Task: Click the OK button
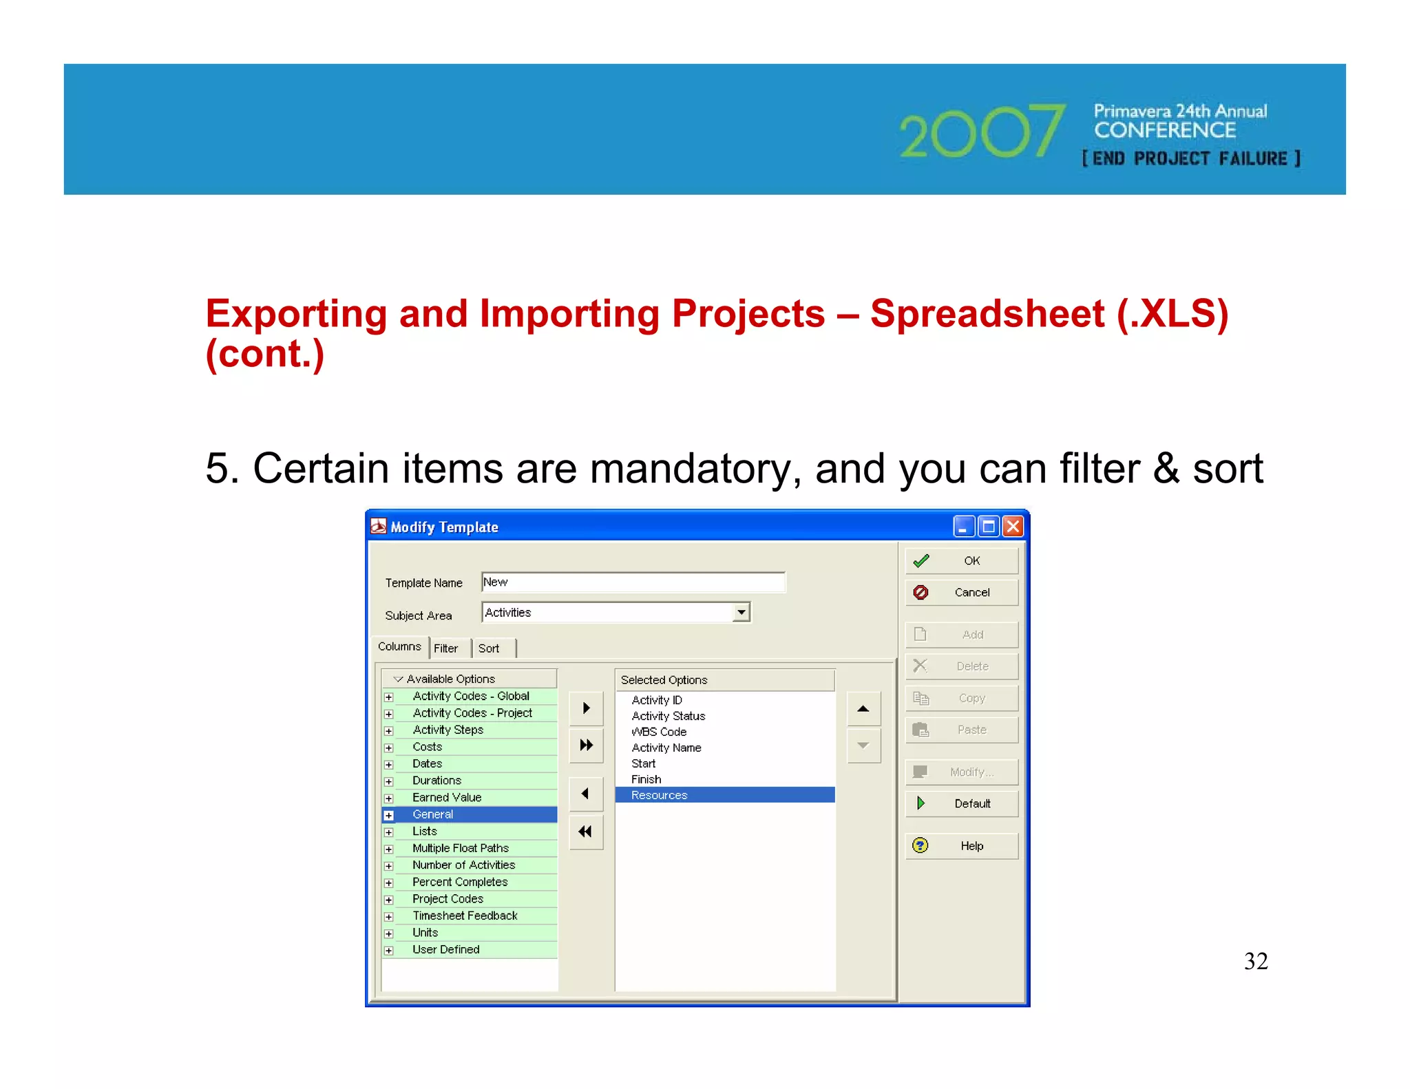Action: [961, 561]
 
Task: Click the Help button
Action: [961, 846]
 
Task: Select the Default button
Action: [961, 803]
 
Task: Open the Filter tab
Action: [446, 648]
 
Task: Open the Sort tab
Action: [489, 648]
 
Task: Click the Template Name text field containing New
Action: [632, 582]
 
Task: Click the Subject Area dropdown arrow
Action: [741, 612]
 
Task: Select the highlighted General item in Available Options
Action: [433, 814]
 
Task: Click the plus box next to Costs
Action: [389, 748]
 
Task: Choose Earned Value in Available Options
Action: [447, 797]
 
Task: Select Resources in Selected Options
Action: [660, 795]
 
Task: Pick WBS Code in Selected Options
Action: [659, 732]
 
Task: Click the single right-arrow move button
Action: [586, 708]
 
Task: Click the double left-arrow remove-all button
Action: [586, 832]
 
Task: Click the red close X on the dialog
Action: [1013, 527]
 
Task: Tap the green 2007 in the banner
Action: [982, 131]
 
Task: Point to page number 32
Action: [1256, 961]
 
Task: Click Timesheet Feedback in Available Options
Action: [465, 916]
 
